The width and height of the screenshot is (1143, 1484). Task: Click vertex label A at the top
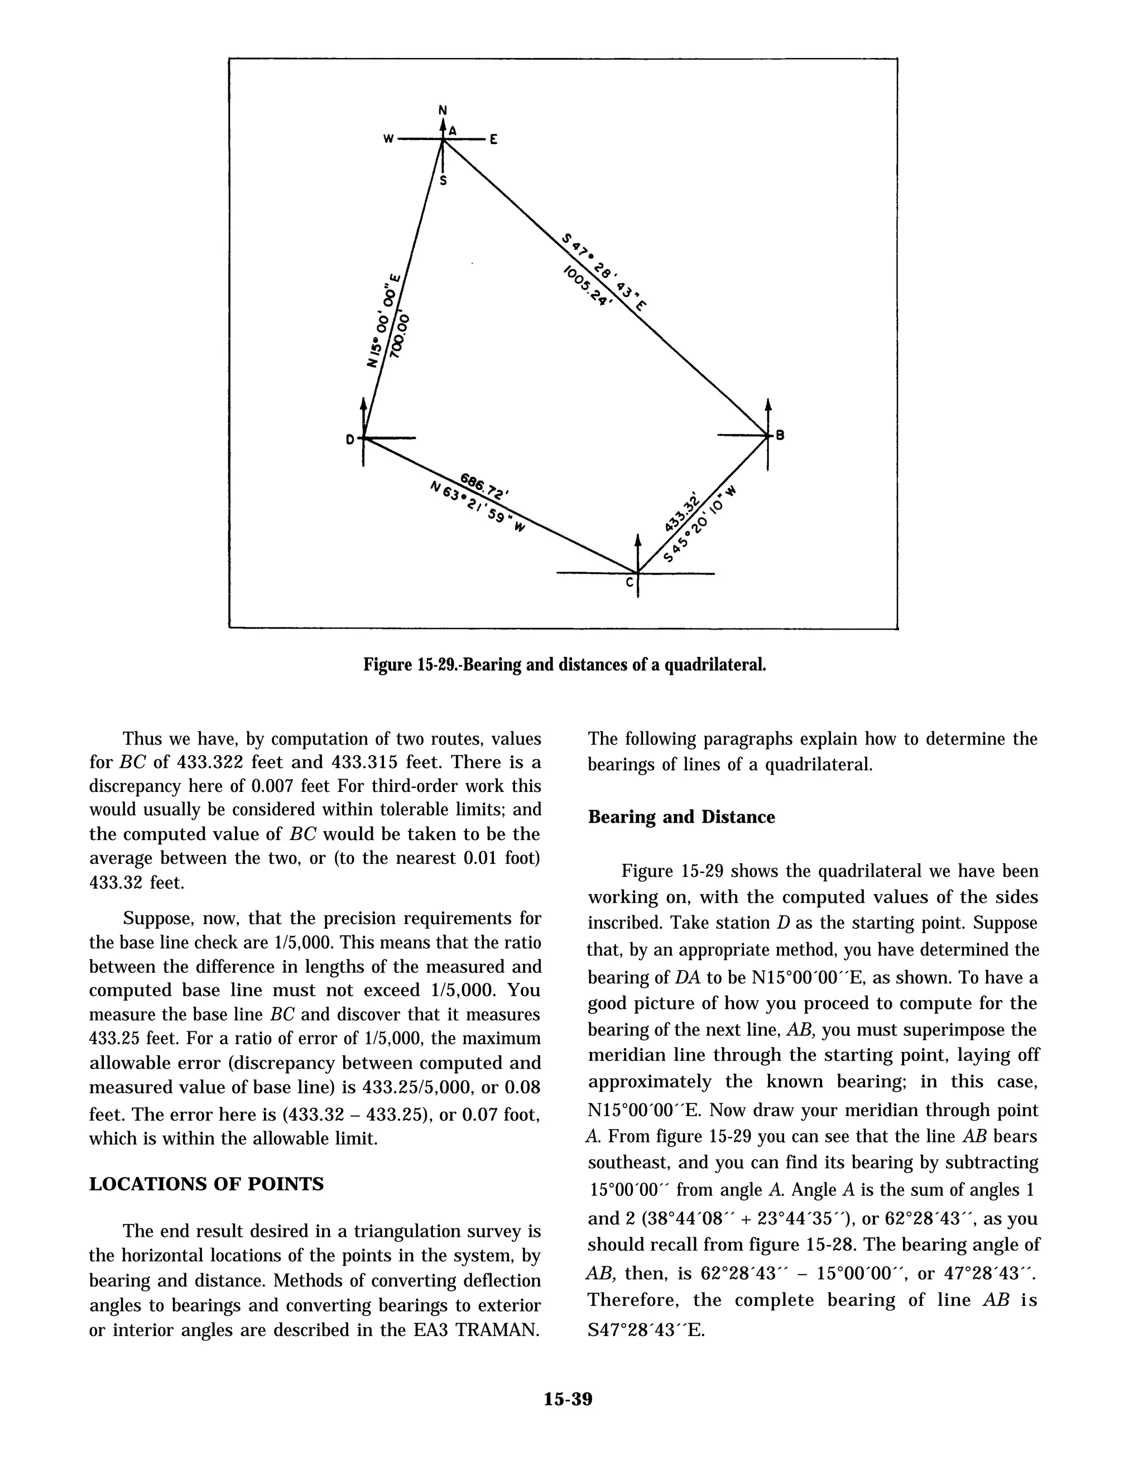coord(452,130)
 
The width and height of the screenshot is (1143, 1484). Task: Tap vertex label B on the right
coord(780,435)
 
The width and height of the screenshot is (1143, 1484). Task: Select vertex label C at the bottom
coord(629,582)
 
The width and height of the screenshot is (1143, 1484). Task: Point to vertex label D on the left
coord(349,440)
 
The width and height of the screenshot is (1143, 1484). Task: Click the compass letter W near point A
coord(388,140)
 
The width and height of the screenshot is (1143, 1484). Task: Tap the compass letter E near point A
coord(494,140)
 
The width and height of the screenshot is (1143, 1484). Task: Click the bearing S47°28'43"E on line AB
coord(604,271)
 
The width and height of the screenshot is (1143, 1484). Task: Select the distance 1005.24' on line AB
coord(587,286)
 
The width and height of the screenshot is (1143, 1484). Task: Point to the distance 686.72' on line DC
coord(486,486)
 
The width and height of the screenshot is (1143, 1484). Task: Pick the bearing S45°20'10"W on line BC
coord(700,524)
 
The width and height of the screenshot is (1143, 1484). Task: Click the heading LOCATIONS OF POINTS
coord(206,1184)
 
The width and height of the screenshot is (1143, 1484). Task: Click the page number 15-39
coord(568,1399)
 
